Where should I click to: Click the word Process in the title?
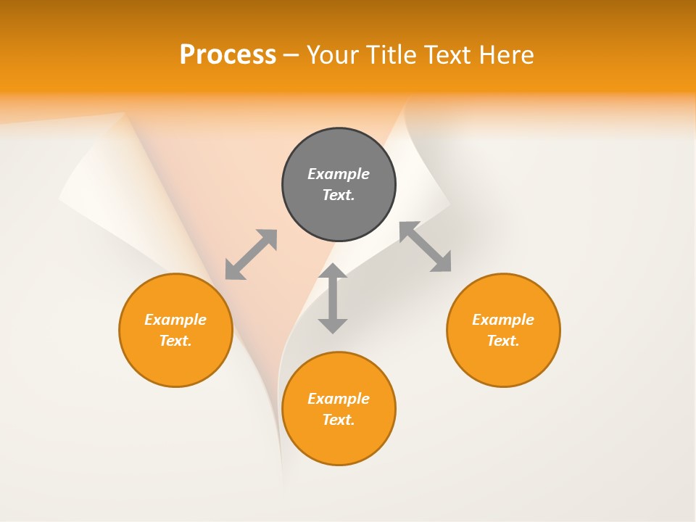coord(228,55)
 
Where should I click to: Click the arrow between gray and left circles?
coord(251,254)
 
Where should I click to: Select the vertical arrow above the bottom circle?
coord(333,298)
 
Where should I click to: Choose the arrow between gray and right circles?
coord(425,246)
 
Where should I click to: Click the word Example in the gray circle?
coord(339,174)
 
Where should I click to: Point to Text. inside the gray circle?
coord(339,195)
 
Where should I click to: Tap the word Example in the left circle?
coord(175,320)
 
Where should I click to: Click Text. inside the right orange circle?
coord(503,341)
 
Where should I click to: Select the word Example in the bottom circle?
coord(339,399)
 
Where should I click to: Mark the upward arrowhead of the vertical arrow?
coord(333,270)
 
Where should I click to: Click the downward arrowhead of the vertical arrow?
coord(333,326)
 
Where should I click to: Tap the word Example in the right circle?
coord(503,320)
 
